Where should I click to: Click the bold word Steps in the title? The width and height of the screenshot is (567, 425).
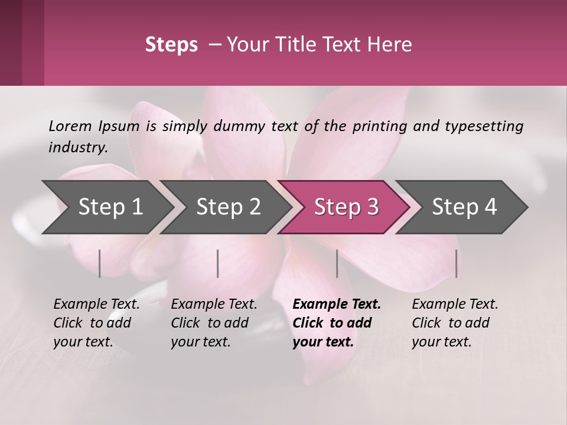[171, 45]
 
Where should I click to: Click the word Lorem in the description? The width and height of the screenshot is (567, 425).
[70, 126]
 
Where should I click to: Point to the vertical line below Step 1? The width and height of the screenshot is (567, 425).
[100, 263]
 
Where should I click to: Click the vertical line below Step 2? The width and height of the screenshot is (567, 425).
[218, 263]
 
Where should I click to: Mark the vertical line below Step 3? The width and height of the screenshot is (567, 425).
[337, 263]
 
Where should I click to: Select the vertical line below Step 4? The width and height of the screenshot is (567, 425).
[456, 263]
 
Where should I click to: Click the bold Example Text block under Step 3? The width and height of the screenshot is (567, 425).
[337, 323]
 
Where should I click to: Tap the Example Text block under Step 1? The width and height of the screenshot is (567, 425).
[96, 323]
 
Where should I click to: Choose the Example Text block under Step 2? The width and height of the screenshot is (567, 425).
[214, 323]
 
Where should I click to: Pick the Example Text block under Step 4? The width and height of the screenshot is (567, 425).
[455, 323]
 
